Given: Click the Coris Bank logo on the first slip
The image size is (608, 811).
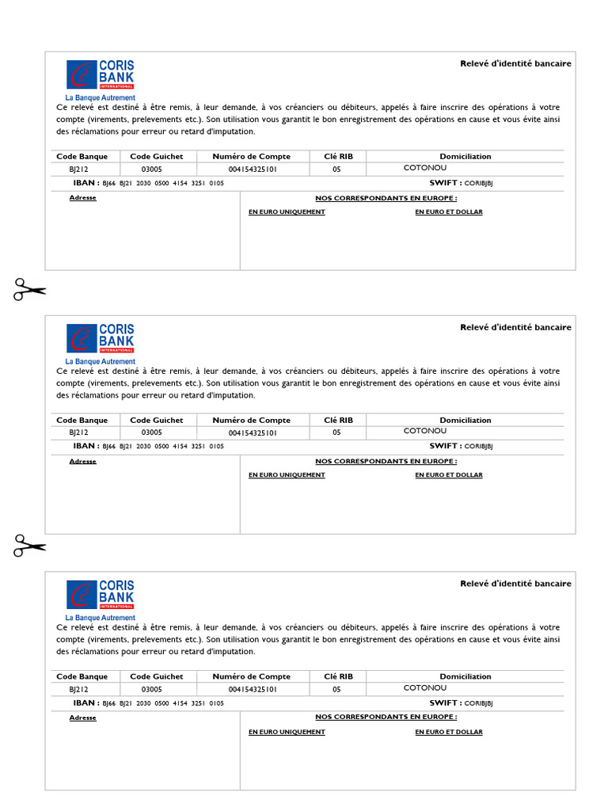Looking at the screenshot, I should pyautogui.click(x=101, y=74).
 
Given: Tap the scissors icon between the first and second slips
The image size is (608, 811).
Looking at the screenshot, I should pyautogui.click(x=29, y=289).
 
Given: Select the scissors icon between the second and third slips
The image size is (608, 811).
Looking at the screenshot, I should pyautogui.click(x=29, y=546).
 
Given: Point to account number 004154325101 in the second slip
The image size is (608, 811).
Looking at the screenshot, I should pyautogui.click(x=253, y=432).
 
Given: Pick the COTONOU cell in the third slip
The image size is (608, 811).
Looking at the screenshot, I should pyautogui.click(x=425, y=688).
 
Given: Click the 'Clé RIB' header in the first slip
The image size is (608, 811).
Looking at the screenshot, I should pyautogui.click(x=338, y=157).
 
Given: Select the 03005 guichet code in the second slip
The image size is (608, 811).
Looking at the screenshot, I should pyautogui.click(x=152, y=432).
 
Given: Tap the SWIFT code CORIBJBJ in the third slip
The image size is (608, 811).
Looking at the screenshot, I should pyautogui.click(x=478, y=703).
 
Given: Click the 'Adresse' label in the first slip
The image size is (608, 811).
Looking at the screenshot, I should pyautogui.click(x=82, y=198).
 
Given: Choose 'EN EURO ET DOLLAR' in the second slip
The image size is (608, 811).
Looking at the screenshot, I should pyautogui.click(x=448, y=475).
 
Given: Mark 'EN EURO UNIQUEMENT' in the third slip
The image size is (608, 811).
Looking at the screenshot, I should pyautogui.click(x=287, y=732).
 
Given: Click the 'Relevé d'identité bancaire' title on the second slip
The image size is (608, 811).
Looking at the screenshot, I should pyautogui.click(x=515, y=327).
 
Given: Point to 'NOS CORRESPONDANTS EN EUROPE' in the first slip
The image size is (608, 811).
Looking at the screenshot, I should pyautogui.click(x=386, y=197).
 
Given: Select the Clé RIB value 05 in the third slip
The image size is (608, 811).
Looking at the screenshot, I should pyautogui.click(x=336, y=689).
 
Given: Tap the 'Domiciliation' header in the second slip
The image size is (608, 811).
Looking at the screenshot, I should pyautogui.click(x=465, y=421).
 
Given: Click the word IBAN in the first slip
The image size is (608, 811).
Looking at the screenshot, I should pyautogui.click(x=85, y=183).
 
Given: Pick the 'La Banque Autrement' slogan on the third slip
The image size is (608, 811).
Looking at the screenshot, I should pyautogui.click(x=100, y=618).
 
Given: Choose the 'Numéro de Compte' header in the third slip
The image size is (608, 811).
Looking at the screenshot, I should pyautogui.click(x=252, y=676).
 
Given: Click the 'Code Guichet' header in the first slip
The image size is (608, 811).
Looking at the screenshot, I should pyautogui.click(x=156, y=157).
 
